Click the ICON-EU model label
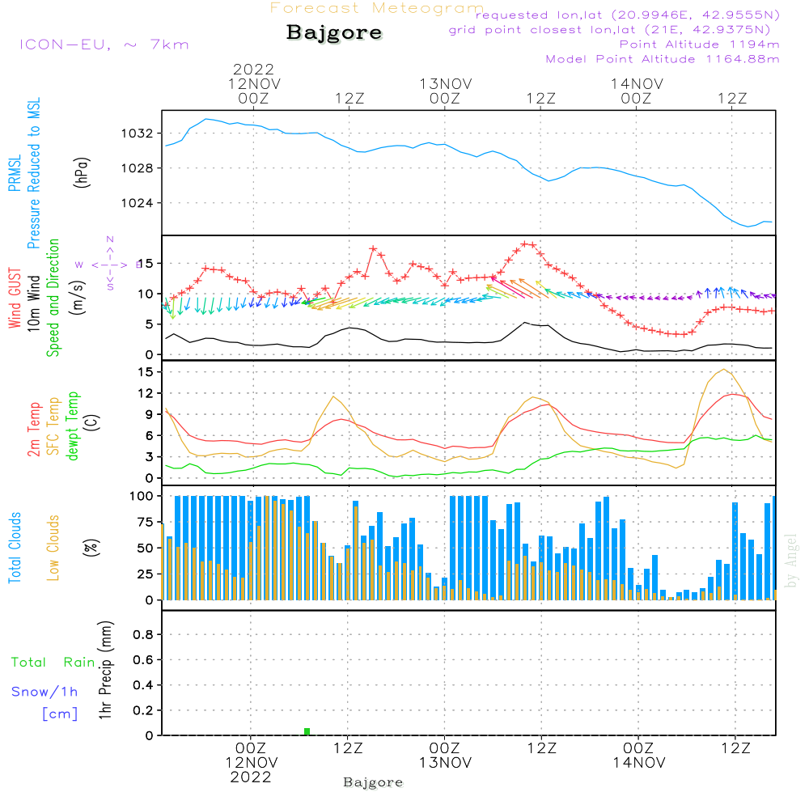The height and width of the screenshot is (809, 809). coord(104,44)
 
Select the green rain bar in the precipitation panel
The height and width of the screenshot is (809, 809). coord(307,731)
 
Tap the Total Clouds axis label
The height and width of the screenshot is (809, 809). coord(15,548)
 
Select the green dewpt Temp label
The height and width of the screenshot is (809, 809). coord(73,426)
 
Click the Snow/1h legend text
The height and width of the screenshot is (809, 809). coord(45,692)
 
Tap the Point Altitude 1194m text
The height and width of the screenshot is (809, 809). coord(699,44)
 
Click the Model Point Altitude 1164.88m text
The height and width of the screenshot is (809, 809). coord(663,58)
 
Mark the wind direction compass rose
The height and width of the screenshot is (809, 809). coord(109,264)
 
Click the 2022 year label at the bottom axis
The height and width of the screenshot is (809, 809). coord(251,777)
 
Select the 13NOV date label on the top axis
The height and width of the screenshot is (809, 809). coord(445,83)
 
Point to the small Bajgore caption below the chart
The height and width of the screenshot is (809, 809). coord(373,782)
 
